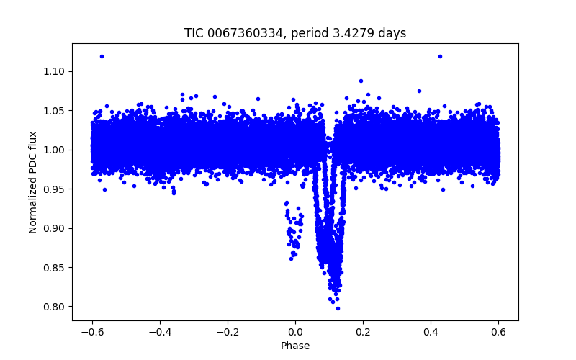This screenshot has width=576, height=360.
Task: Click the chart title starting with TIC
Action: click(295, 33)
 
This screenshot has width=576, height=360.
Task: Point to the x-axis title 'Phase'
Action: click(295, 346)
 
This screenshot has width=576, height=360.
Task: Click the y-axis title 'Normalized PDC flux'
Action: click(33, 181)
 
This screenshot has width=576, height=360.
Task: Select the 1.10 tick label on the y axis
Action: click(54, 71)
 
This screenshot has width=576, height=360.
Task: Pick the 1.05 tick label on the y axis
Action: click(54, 111)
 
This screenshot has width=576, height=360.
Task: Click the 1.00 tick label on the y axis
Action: click(54, 150)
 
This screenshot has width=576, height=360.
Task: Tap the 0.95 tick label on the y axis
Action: click(54, 189)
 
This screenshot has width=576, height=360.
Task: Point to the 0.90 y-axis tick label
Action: click(54, 228)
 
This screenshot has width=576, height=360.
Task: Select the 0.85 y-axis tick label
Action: click(54, 268)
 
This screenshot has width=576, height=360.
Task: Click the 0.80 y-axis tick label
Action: click(54, 307)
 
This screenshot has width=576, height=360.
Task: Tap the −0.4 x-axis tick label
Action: click(160, 332)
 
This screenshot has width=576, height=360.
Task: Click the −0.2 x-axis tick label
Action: click(228, 332)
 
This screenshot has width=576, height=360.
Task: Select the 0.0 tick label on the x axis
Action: click(295, 332)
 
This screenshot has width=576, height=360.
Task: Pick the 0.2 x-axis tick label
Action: click(363, 332)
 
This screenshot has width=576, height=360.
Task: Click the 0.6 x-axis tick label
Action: click(498, 332)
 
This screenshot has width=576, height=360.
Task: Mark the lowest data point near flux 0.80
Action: click(338, 308)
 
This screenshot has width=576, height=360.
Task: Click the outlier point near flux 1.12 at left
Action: click(102, 56)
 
